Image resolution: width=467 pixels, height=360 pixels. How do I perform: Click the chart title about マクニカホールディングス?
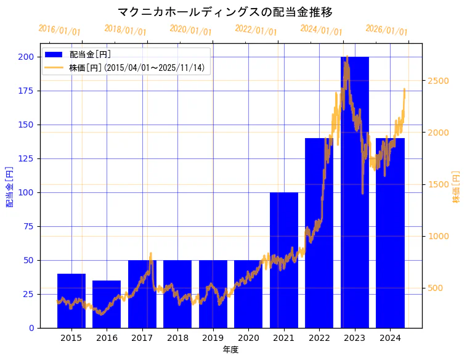point(225,12)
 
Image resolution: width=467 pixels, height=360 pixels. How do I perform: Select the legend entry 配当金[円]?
point(90,55)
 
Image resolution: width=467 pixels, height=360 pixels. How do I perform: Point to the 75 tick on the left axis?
point(30,226)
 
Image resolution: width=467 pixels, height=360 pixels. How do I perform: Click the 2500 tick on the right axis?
point(438,81)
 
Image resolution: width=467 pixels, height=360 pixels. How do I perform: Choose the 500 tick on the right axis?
point(436,288)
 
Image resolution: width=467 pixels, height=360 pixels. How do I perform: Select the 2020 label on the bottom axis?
point(248,338)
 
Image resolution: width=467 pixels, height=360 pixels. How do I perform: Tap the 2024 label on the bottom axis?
point(390,338)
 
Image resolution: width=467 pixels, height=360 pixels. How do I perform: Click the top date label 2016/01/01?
point(59,30)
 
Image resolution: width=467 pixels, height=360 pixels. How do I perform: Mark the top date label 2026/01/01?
point(386,30)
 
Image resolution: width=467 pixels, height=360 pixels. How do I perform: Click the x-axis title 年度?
point(230,350)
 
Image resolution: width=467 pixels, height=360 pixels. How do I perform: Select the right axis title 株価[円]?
point(457,187)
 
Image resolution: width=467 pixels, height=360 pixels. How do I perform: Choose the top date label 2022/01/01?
point(256,30)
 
